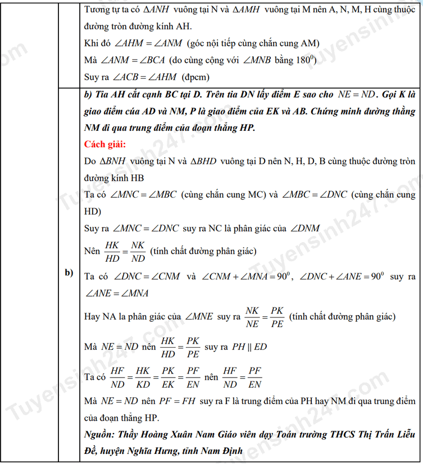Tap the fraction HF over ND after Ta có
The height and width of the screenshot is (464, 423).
[117, 377]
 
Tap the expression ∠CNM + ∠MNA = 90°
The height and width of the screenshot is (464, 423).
[245, 277]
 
